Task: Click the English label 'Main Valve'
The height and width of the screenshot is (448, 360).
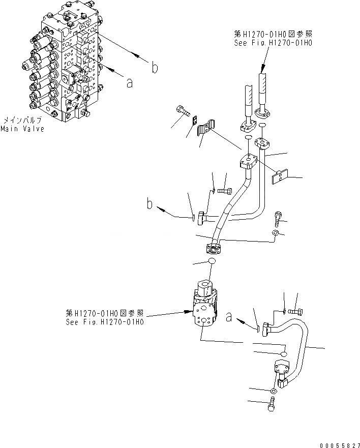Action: (x=22, y=129)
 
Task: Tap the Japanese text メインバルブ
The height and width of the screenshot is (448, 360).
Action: (x=22, y=121)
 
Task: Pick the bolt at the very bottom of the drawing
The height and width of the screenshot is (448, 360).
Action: (x=272, y=405)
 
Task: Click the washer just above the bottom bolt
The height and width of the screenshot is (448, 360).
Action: (x=274, y=391)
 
